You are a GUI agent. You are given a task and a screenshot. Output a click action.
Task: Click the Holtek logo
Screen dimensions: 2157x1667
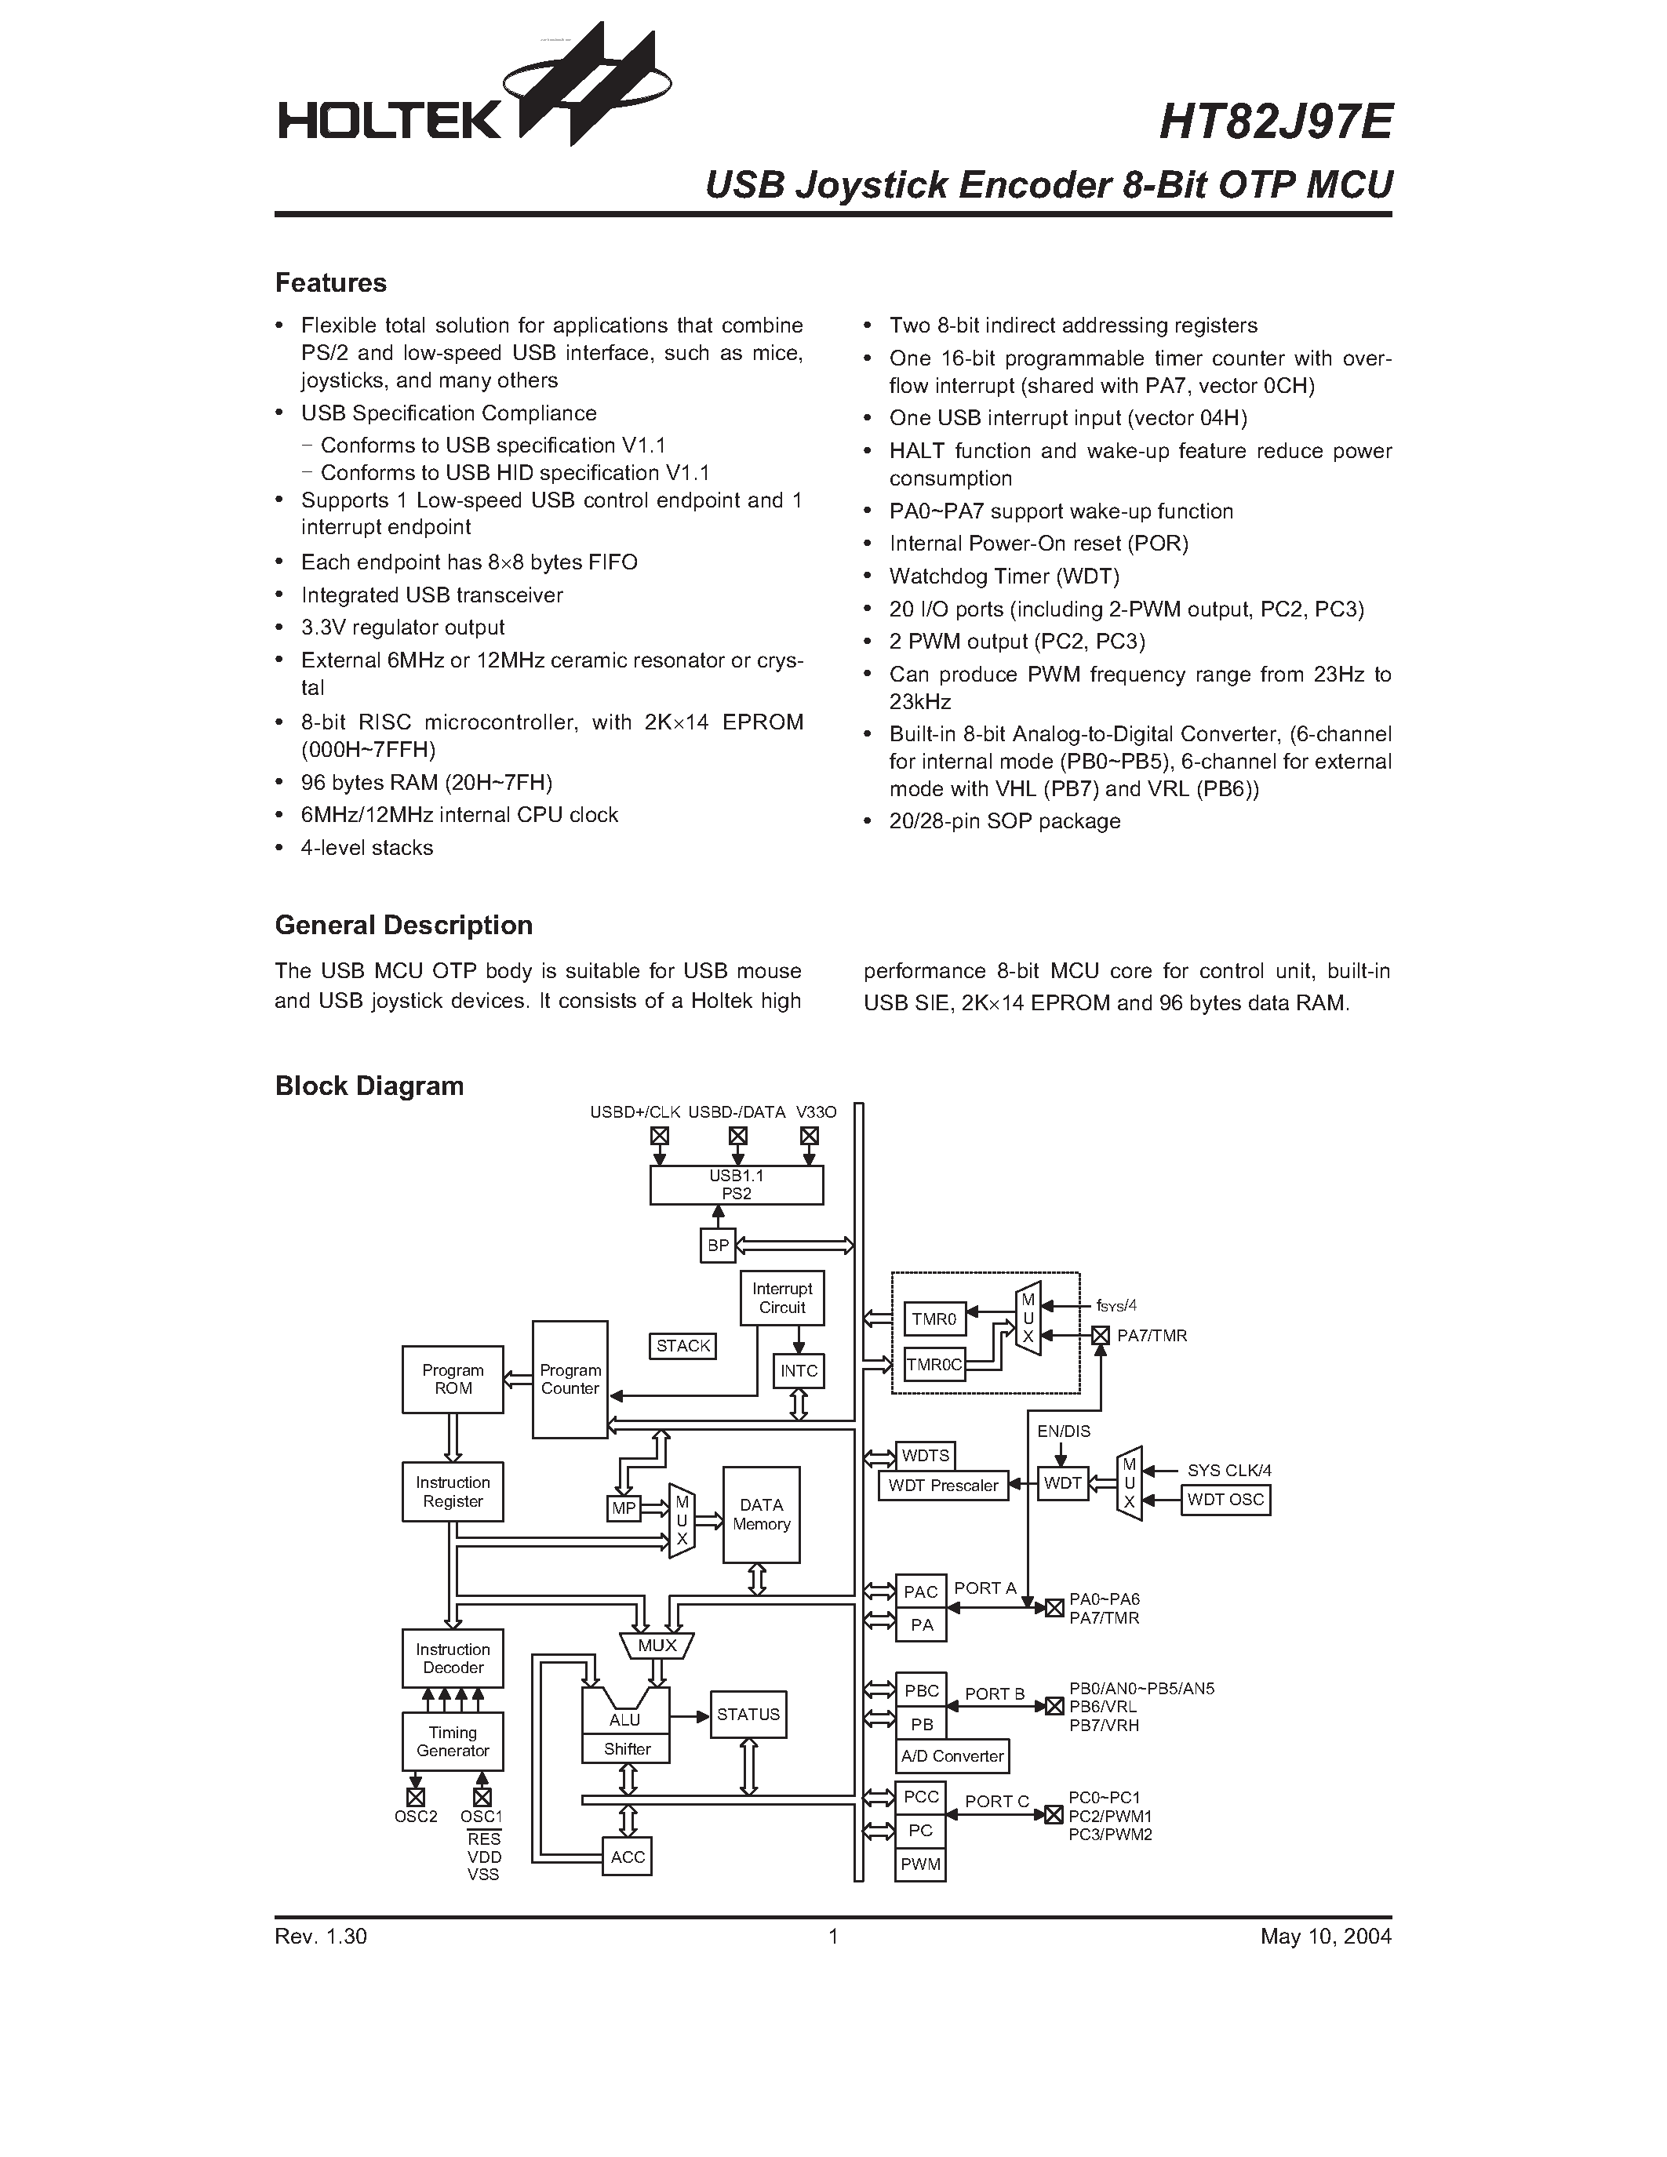[x=474, y=94]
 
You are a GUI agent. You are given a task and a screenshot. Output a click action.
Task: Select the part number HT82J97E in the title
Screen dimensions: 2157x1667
[x=1275, y=122]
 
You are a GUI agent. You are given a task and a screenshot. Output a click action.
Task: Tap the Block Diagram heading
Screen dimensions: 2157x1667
[x=369, y=1086]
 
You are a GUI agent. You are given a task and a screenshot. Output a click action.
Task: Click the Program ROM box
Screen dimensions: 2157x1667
[x=453, y=1379]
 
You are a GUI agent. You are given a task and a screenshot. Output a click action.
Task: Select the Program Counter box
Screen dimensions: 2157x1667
[x=570, y=1379]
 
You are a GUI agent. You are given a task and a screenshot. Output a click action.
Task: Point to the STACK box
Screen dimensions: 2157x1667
[x=682, y=1345]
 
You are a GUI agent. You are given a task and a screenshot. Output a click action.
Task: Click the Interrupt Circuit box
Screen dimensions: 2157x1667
[x=782, y=1298]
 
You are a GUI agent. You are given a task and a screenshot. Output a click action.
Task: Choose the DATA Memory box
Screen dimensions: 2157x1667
[x=760, y=1514]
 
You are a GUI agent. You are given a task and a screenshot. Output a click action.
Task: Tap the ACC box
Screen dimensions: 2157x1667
[x=627, y=1857]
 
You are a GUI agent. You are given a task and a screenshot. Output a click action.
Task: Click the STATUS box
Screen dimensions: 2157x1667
[x=748, y=1715]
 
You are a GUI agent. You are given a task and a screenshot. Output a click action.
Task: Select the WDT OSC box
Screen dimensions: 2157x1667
[x=1225, y=1499]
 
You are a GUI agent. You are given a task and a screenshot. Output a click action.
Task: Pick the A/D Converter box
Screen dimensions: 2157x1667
[x=952, y=1756]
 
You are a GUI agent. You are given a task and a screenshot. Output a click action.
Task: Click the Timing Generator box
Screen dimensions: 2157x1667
[x=453, y=1741]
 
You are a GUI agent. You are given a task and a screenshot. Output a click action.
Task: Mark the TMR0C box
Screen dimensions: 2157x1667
[x=934, y=1365]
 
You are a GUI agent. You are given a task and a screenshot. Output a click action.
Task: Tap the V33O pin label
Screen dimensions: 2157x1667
[x=816, y=1112]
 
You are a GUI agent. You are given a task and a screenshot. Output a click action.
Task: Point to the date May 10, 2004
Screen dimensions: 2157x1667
[x=1324, y=1937]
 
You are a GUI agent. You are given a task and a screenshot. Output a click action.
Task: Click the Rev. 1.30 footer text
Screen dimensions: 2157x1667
[x=321, y=1937]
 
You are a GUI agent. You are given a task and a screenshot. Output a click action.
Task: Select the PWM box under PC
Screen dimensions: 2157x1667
[x=920, y=1864]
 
